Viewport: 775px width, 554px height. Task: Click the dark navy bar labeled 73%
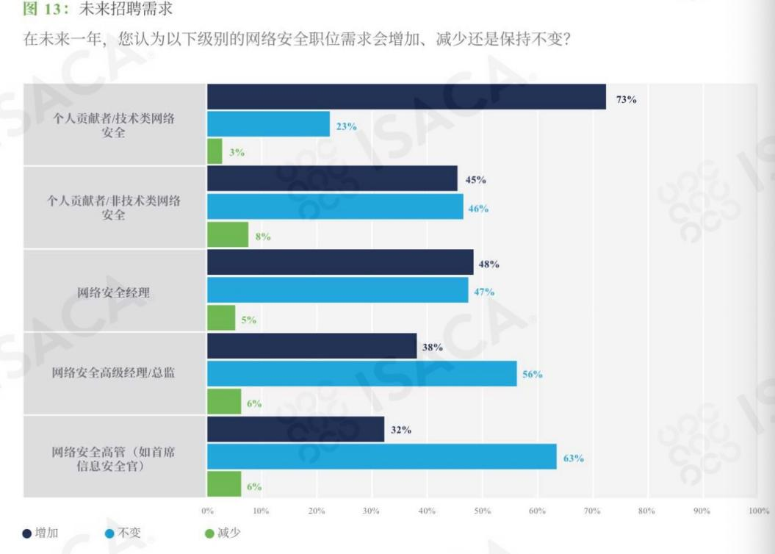[x=406, y=96]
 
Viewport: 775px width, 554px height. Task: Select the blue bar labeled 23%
[x=268, y=124]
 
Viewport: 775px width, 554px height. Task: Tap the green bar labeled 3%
[x=215, y=151]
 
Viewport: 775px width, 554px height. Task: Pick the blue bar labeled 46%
[x=335, y=207]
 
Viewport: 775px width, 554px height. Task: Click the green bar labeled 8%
[x=228, y=235]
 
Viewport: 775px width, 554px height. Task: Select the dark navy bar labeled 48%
[x=340, y=262]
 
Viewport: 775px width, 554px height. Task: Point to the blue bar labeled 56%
[x=361, y=373]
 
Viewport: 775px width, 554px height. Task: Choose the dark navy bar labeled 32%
[x=295, y=429]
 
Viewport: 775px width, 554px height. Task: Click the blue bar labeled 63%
[x=381, y=457]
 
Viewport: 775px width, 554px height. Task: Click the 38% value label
[x=433, y=347]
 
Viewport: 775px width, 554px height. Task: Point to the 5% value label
[x=248, y=320]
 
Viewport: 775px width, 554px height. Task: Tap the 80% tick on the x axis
[x=647, y=511]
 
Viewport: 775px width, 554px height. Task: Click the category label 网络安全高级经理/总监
[x=114, y=373]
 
